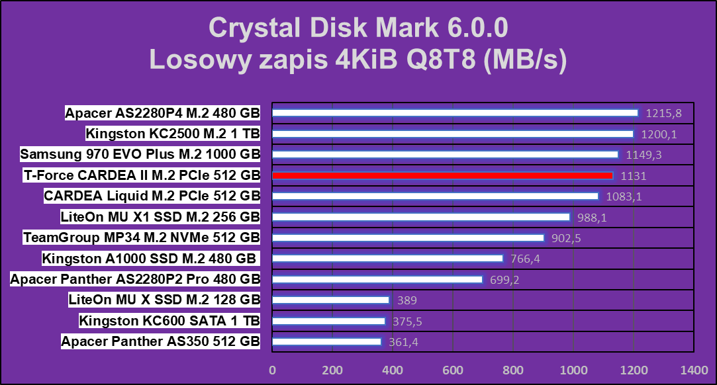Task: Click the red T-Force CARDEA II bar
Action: coord(444,176)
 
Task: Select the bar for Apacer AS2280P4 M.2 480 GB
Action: coord(455,113)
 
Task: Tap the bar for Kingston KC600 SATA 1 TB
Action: coord(328,321)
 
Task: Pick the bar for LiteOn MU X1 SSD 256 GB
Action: coord(421,217)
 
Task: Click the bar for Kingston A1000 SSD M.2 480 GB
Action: coord(388,259)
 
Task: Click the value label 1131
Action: coord(633,176)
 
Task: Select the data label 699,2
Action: coord(504,280)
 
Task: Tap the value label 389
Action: coord(407,300)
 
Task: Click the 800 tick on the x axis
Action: coord(513,369)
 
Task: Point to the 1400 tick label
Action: coord(694,369)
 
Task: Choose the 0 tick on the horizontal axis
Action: coord(272,369)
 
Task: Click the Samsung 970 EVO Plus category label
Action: coord(140,155)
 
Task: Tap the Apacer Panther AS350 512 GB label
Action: coord(160,342)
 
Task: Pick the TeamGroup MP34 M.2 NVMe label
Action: coord(141,238)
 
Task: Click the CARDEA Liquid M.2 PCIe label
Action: coord(152,196)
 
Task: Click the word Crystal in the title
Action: coord(249,28)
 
